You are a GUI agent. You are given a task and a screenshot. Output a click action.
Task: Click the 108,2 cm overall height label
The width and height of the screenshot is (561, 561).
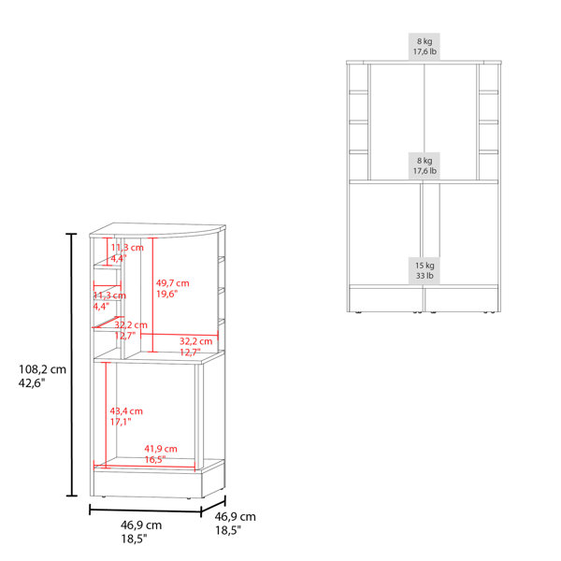(43, 369)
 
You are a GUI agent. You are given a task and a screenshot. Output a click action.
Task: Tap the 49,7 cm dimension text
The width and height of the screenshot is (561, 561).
(172, 283)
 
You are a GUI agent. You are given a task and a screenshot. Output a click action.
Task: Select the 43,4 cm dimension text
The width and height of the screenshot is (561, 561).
(126, 411)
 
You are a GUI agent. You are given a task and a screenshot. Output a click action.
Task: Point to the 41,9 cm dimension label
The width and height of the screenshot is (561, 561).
(161, 449)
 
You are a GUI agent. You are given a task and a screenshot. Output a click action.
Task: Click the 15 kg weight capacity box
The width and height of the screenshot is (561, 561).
(424, 271)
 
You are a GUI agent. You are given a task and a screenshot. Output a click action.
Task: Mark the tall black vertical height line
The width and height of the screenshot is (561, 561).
(72, 365)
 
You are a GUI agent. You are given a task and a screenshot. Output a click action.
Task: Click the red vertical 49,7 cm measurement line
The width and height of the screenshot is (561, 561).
(152, 295)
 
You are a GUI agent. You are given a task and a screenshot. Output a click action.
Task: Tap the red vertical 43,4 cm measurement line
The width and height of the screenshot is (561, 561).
(106, 414)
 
